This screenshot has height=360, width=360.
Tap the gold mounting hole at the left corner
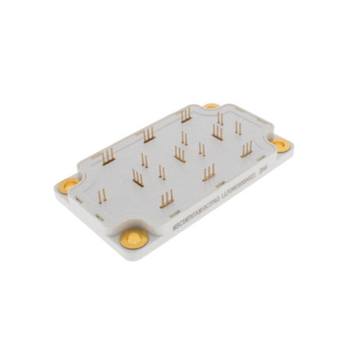(66, 184)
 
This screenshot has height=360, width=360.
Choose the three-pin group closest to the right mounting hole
(246, 148)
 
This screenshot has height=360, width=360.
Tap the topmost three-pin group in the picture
(185, 115)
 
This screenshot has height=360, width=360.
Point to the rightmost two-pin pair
(238, 129)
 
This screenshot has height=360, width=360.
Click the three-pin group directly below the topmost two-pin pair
(217, 133)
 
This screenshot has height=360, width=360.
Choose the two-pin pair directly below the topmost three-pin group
(184, 139)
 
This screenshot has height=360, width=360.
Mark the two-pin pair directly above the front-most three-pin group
(162, 171)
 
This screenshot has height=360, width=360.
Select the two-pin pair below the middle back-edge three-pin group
(143, 160)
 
